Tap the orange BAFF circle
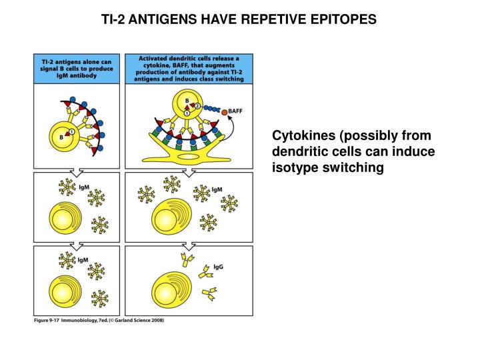pyautogui.click(x=224, y=112)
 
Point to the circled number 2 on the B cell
pyautogui.click(x=197, y=105)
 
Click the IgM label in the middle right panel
pyautogui.click(x=217, y=190)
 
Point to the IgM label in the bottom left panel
pyautogui.click(x=83, y=260)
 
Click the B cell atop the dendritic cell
pyautogui.click(x=189, y=105)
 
